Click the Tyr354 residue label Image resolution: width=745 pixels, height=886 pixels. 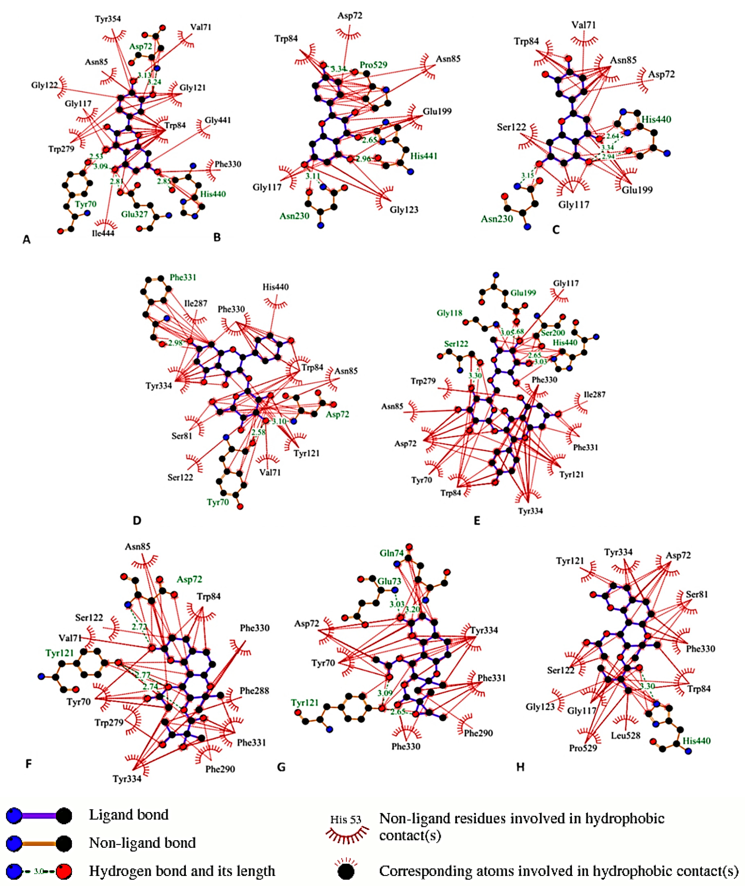pyautogui.click(x=108, y=19)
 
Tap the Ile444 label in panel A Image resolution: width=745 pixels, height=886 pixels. pyautogui.click(x=103, y=233)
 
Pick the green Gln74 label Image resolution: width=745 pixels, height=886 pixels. pyautogui.click(x=392, y=553)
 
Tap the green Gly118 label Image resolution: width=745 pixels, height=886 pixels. pyautogui.click(x=449, y=313)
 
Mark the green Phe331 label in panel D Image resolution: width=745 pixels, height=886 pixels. pyautogui.click(x=183, y=277)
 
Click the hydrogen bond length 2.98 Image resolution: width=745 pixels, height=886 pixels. pyautogui.click(x=175, y=343)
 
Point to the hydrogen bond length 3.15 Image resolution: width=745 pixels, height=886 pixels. pyautogui.click(x=528, y=175)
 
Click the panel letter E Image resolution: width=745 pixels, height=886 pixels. pyautogui.click(x=477, y=521)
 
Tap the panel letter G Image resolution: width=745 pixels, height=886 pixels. pyautogui.click(x=281, y=767)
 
